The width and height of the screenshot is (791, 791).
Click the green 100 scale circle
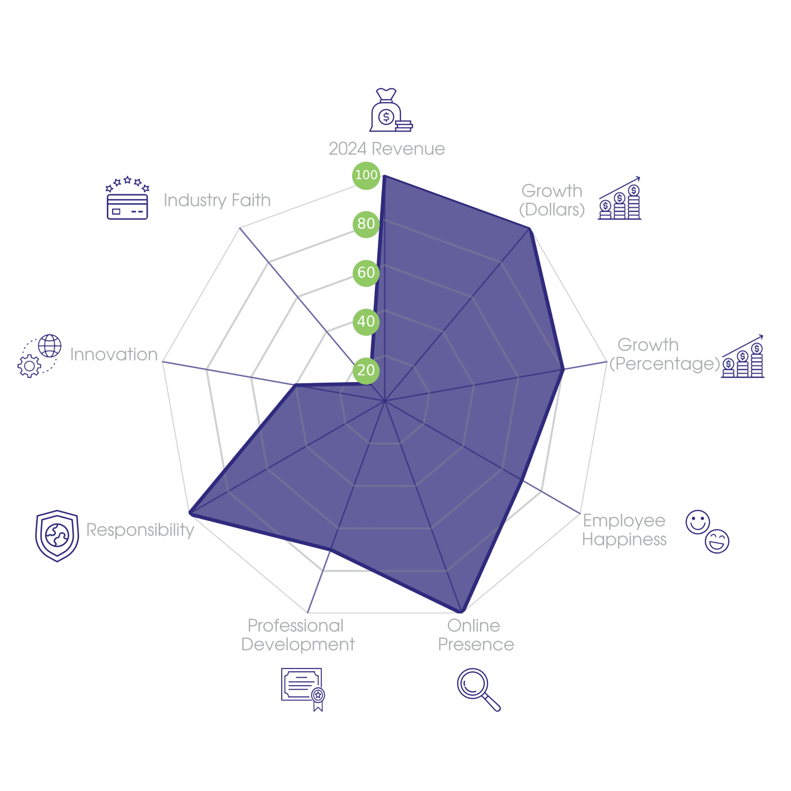click(366, 175)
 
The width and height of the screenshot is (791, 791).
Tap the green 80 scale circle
click(366, 224)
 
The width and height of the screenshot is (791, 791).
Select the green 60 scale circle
click(366, 273)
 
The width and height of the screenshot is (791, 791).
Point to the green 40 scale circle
click(366, 322)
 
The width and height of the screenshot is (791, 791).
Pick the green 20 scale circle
click(366, 371)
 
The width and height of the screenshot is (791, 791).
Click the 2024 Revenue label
click(387, 149)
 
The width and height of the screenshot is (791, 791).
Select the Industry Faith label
click(217, 200)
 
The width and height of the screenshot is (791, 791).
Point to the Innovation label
click(114, 354)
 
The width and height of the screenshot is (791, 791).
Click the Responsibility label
click(140, 530)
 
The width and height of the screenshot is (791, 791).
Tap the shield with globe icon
click(57, 536)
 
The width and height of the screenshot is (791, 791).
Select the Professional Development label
click(298, 635)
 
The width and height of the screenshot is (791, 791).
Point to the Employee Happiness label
click(624, 530)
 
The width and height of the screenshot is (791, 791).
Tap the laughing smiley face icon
click(717, 541)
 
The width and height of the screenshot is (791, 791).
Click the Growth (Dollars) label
click(552, 200)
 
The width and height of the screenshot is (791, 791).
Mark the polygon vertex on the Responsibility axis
click(190, 514)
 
